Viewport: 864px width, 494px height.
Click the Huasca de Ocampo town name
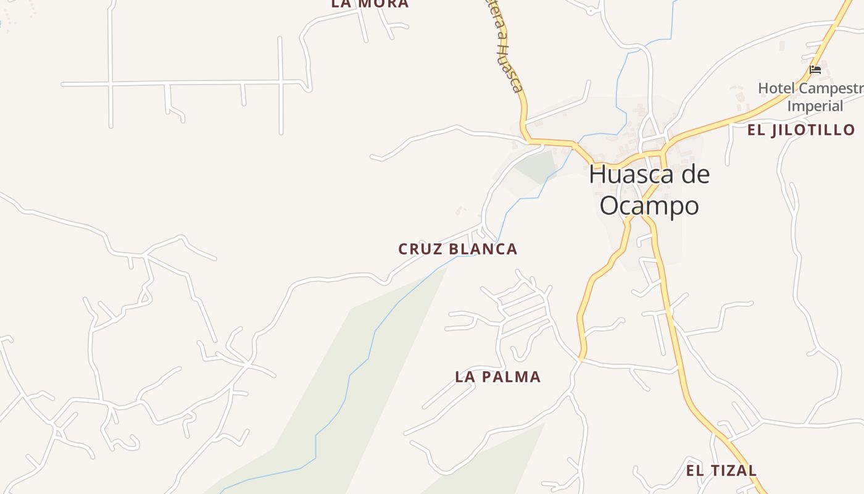(x=649, y=190)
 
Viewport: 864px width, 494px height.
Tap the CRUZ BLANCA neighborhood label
(x=457, y=249)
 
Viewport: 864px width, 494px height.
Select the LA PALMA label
(x=497, y=377)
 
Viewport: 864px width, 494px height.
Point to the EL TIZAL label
(x=721, y=471)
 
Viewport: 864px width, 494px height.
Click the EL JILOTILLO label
(x=801, y=130)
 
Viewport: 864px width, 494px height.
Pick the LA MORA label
(x=370, y=4)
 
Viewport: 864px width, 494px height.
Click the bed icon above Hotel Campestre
(x=815, y=70)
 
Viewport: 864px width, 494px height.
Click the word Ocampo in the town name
(x=649, y=206)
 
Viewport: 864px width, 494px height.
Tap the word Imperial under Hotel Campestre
(x=815, y=106)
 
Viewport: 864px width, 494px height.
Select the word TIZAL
(x=733, y=471)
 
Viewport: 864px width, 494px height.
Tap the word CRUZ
(x=413, y=249)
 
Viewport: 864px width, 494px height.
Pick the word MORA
(x=383, y=4)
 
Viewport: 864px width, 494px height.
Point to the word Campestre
(x=829, y=88)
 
